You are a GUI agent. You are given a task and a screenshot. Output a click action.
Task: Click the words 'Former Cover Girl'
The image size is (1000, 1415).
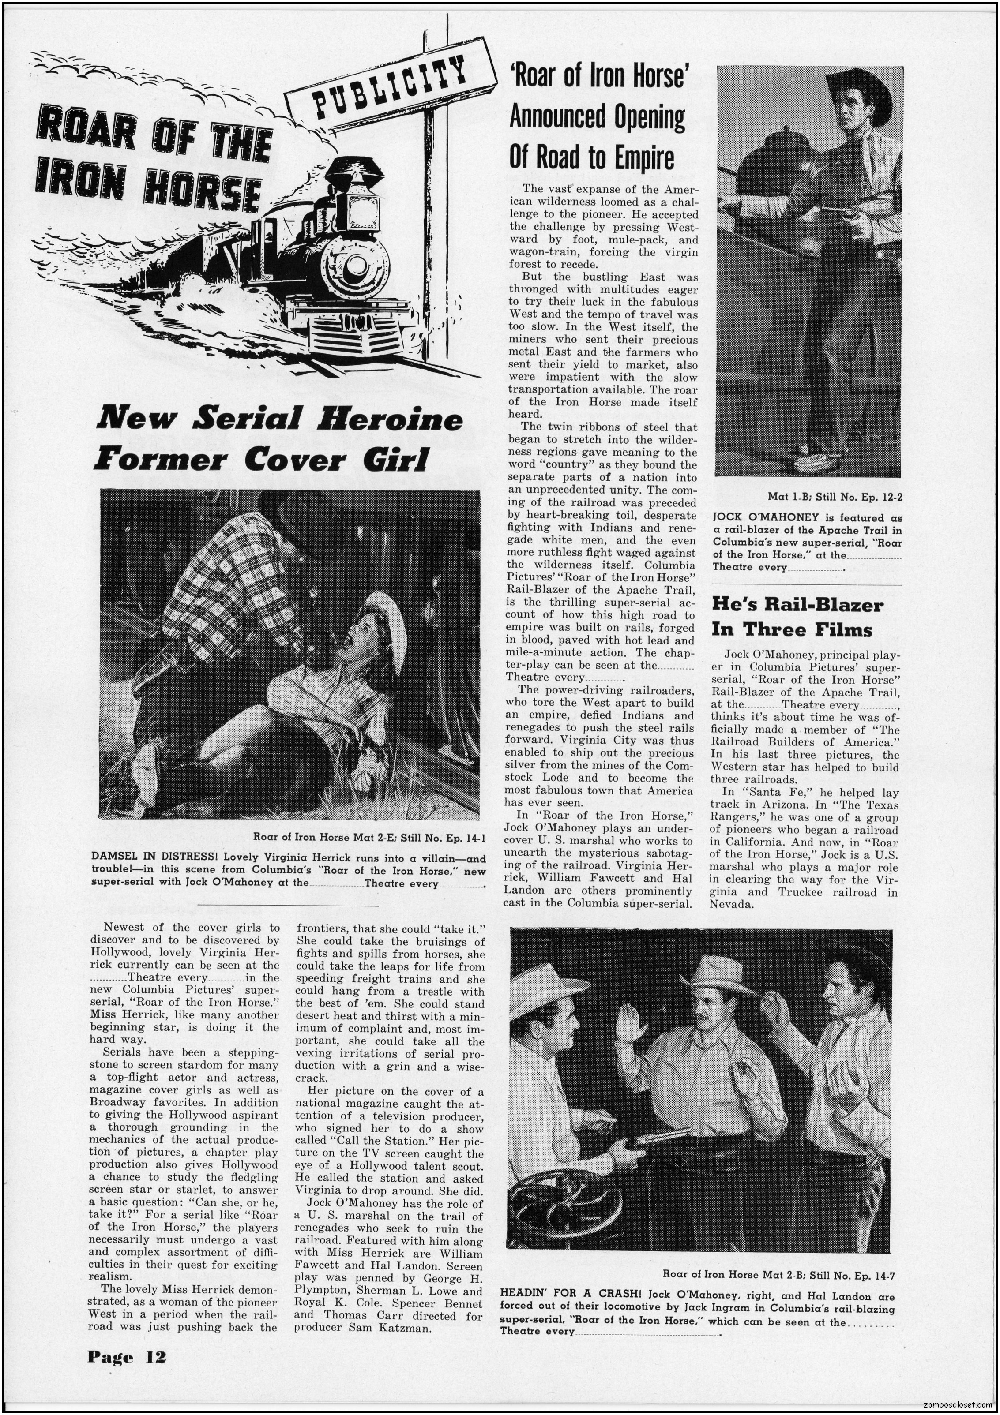(261, 459)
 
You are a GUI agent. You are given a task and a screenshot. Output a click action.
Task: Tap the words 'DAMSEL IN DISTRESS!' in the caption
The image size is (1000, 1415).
(155, 857)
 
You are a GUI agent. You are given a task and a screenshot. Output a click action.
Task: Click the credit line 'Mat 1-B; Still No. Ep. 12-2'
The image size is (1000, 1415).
(835, 496)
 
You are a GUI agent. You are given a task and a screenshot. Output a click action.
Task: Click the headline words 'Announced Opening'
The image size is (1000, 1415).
(597, 116)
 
